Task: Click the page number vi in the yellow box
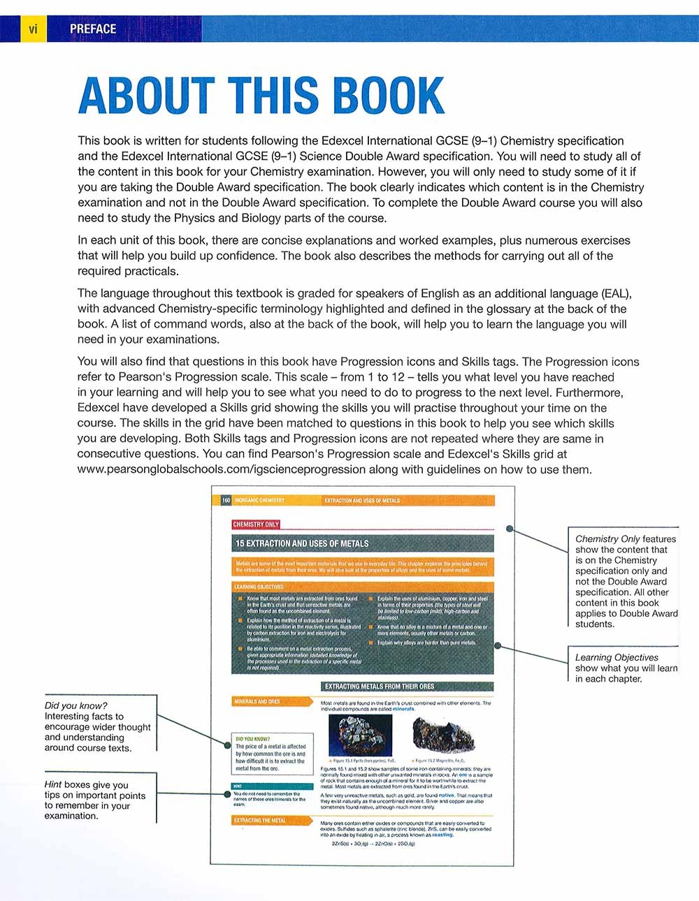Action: coord(33,29)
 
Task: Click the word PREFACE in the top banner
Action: coord(93,29)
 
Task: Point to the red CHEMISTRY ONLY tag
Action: coord(256,524)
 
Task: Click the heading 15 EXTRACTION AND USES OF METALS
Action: coord(302,543)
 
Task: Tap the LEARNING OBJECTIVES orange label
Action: coord(259,587)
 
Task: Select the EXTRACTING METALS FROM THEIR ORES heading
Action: coord(379,686)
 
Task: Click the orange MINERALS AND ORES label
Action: coord(257,701)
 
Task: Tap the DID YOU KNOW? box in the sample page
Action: coord(271,753)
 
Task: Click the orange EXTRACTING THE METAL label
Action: coord(260,820)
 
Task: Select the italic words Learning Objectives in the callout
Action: coord(617,657)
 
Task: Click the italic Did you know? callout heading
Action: coord(75,705)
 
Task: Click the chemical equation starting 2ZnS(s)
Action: coord(373,844)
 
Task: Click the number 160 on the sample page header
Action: coord(226,500)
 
